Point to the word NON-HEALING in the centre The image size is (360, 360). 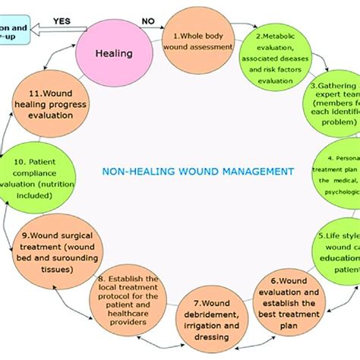[129, 172]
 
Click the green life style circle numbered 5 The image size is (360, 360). [339, 241]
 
